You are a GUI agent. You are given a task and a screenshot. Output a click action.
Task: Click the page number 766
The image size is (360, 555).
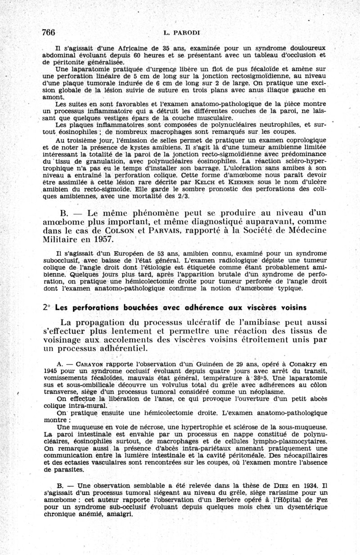[48, 32]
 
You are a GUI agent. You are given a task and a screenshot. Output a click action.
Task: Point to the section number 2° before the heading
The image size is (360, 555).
[46, 307]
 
